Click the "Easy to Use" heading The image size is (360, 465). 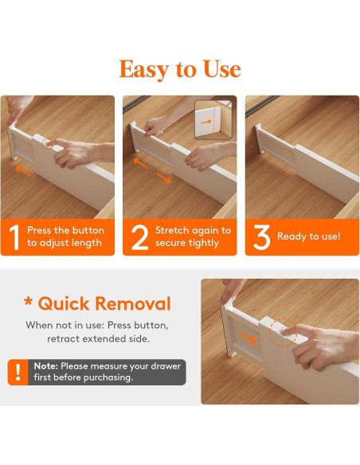180,69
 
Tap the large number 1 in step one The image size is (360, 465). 14,237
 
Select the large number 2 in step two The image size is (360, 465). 139,237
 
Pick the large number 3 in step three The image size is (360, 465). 261,237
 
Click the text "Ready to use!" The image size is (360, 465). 309,236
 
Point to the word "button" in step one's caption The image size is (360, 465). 88,230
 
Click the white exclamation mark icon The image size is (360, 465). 18,372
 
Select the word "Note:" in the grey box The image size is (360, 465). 46,366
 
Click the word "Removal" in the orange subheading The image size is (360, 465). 133,303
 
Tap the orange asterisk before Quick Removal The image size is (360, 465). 29,303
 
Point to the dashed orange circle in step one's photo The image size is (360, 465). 48,143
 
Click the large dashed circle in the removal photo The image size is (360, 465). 283,332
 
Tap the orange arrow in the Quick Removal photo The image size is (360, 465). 248,338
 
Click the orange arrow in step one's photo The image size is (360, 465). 23,171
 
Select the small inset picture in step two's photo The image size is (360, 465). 213,119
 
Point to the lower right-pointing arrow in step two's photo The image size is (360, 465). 164,178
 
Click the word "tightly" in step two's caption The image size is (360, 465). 204,243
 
